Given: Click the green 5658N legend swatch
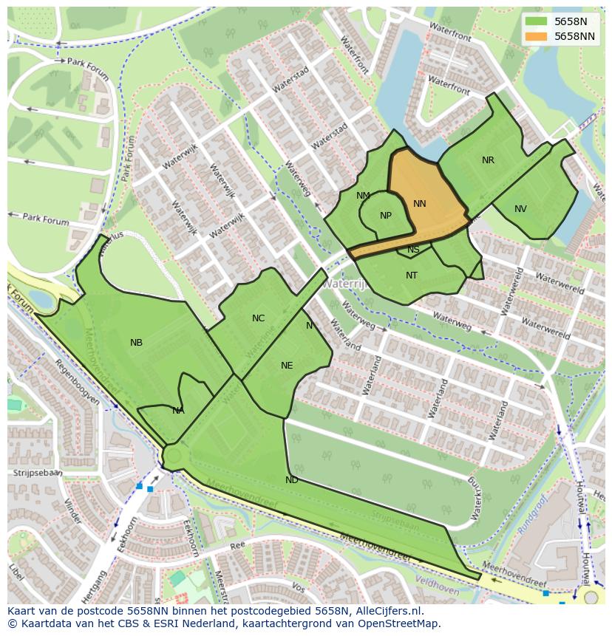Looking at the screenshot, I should (x=537, y=22).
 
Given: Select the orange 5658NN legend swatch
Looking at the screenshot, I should (x=537, y=36).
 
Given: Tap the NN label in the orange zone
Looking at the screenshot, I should (x=420, y=204).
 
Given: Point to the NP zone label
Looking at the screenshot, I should (x=386, y=216).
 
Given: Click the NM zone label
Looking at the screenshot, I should (x=363, y=196).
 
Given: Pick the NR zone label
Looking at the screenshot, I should (x=488, y=160).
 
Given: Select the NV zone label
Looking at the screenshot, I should (x=520, y=209).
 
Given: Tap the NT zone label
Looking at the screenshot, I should (x=412, y=276).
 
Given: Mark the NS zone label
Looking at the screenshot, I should (x=413, y=250).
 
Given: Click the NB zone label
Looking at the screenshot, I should (x=136, y=343).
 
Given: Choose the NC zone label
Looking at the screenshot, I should (x=258, y=318).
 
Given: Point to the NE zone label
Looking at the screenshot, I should (x=287, y=366).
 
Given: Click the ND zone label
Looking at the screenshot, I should (x=292, y=480).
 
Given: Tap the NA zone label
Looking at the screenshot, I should (x=178, y=411).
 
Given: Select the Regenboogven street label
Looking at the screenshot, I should (x=77, y=383).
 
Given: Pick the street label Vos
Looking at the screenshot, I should (x=298, y=587).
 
